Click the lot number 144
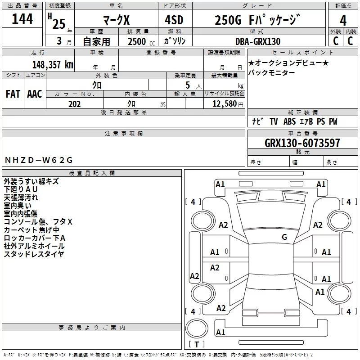click(x=22, y=18)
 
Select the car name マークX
click(x=116, y=20)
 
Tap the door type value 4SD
click(x=174, y=20)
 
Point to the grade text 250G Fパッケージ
click(x=257, y=20)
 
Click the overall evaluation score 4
click(x=343, y=21)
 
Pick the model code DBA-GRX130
click(x=258, y=41)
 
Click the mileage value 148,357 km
click(x=53, y=65)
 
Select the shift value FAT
click(x=13, y=94)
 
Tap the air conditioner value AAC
click(x=35, y=94)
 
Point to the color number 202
click(x=74, y=104)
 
